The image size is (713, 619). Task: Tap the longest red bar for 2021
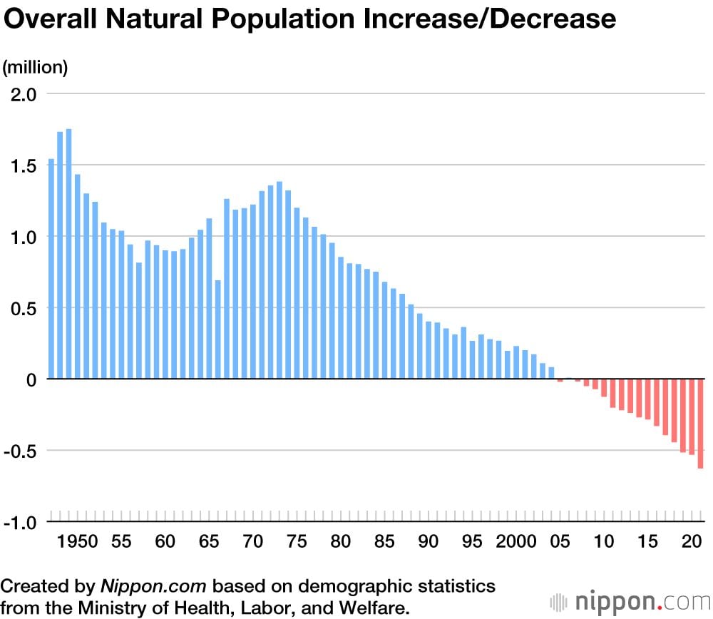[x=700, y=424]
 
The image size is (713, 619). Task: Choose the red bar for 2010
[x=604, y=388]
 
